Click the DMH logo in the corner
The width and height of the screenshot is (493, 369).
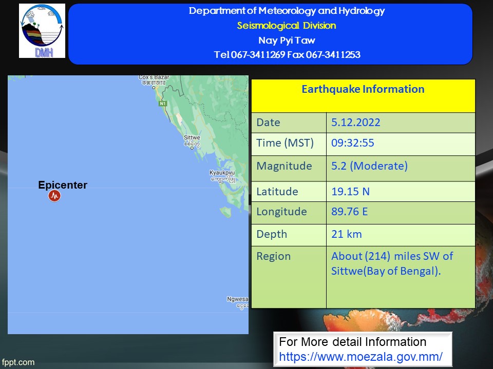[42, 31]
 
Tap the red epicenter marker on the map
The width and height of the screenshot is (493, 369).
[54, 196]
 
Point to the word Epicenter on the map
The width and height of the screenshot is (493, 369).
[63, 185]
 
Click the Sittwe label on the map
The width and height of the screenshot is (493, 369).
[192, 137]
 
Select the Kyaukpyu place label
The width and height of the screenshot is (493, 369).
[222, 173]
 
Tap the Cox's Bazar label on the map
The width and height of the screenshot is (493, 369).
[154, 77]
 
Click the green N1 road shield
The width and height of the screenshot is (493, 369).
[162, 104]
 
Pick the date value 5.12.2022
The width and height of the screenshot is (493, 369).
[355, 122]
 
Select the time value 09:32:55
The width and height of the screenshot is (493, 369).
[352, 143]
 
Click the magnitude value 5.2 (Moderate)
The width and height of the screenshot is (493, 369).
[369, 166]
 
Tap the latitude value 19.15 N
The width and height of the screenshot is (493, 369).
[350, 191]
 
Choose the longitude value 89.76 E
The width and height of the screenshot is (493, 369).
[349, 212]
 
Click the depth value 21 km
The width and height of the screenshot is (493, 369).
[347, 234]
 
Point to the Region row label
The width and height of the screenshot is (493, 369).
[274, 257]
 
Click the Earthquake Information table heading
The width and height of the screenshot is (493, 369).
[363, 89]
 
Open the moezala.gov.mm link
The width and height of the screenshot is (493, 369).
[361, 357]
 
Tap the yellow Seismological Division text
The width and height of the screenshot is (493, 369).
[287, 26]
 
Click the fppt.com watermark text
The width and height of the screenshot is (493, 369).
[18, 362]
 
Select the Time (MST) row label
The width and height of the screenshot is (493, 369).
[285, 143]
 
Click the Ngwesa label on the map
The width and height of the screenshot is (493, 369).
[237, 299]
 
